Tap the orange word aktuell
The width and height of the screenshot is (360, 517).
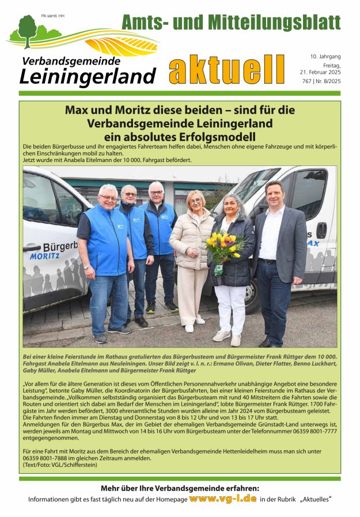227,71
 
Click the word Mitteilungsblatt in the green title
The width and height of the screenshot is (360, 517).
275,22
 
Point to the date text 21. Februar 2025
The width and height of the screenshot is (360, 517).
320,72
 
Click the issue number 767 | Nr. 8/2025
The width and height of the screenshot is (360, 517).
320,82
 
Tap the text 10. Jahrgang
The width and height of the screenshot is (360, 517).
325,56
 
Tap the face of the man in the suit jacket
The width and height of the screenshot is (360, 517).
275,195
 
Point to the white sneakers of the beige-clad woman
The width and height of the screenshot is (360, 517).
194,324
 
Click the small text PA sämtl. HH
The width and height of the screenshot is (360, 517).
53,16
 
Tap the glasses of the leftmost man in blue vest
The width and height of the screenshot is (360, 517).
108,198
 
